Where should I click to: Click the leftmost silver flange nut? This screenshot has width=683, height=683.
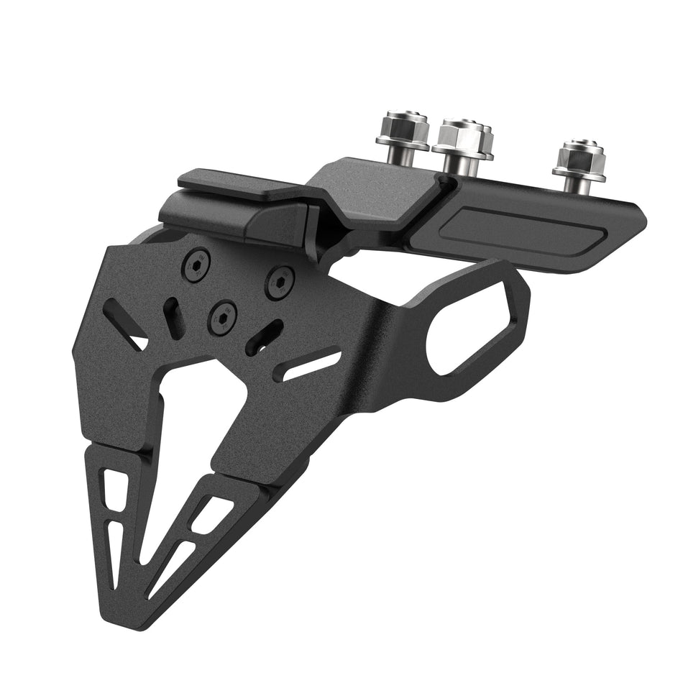(400, 127)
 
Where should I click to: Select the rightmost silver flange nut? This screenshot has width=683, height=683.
(579, 157)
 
